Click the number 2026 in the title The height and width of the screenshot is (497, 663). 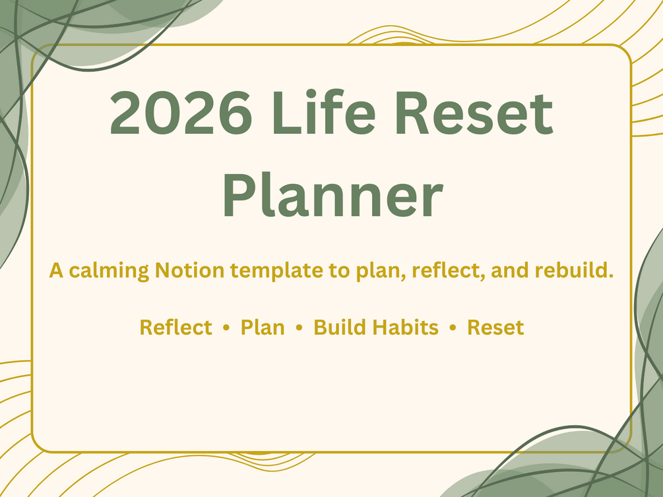pos(181,113)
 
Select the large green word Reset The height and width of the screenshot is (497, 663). pos(474,113)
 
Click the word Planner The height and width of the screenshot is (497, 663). pos(332,195)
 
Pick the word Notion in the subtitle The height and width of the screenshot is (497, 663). pos(189,270)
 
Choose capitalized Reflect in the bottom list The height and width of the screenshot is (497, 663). pos(176,328)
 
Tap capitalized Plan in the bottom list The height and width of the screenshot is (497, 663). pos(263,328)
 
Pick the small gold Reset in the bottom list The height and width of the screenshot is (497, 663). pos(495,328)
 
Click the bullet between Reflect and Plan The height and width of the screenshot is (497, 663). pos(226,328)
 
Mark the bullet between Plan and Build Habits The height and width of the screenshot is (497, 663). pos(299,328)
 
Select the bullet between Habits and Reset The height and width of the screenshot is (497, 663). pos(453,328)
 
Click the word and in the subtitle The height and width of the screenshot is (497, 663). pos(510,270)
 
